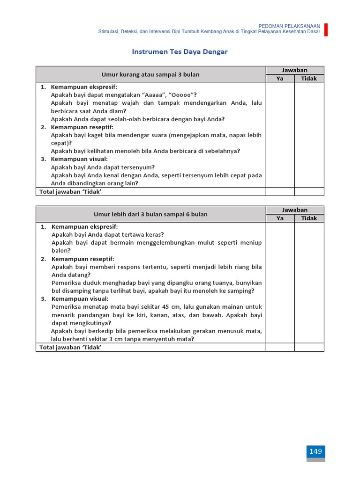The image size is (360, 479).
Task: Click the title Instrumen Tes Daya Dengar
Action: [x=180, y=52]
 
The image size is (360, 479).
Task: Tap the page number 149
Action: [x=315, y=451]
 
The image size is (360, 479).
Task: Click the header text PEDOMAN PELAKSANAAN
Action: [x=290, y=26]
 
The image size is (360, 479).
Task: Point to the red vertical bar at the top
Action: [x=326, y=29]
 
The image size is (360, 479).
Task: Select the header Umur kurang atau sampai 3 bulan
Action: [x=150, y=74]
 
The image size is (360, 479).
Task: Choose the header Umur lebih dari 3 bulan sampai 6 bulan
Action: [x=150, y=214]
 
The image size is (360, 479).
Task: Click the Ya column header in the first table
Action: [x=280, y=79]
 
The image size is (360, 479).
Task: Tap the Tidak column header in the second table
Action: [x=309, y=218]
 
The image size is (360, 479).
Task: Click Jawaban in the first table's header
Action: [x=294, y=70]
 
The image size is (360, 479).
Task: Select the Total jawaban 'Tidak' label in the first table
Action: [x=70, y=191]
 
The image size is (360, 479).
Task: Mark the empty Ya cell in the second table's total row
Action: [x=280, y=347]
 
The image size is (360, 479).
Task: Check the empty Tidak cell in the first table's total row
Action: [x=309, y=191]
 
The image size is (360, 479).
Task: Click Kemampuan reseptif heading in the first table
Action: [x=82, y=127]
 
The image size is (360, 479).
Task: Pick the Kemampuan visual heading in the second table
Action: [x=80, y=299]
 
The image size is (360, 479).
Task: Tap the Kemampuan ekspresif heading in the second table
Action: [x=84, y=227]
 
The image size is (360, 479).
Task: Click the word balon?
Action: [x=60, y=251]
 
